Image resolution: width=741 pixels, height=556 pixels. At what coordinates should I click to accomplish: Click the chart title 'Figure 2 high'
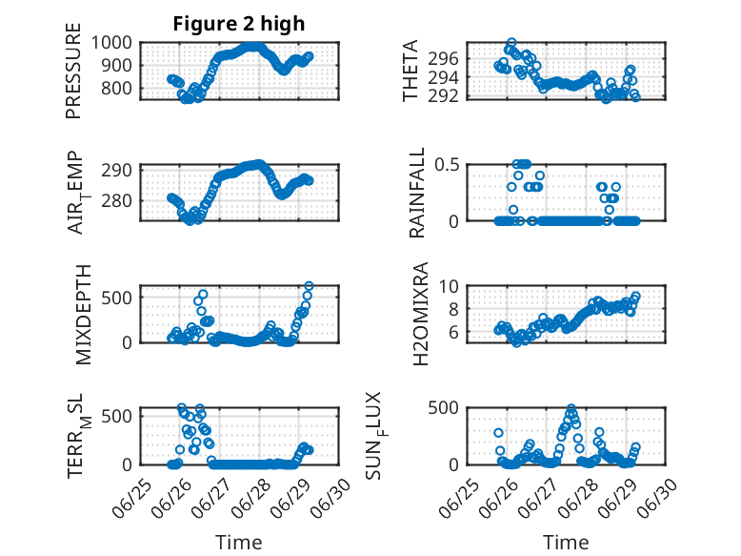[x=239, y=24]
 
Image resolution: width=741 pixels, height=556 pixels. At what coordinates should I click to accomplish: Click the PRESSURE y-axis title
[x=73, y=71]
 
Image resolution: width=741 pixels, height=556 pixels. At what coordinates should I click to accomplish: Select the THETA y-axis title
[x=411, y=71]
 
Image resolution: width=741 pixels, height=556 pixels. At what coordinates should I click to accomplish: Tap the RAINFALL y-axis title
[x=417, y=193]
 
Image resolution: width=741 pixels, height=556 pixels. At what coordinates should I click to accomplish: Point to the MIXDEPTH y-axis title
[x=83, y=315]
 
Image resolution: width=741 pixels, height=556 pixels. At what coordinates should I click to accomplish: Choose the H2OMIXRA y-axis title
[x=420, y=314]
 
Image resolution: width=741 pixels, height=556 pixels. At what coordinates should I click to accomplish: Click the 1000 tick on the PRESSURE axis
[x=111, y=43]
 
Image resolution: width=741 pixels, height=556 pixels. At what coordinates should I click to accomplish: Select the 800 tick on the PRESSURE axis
[x=117, y=88]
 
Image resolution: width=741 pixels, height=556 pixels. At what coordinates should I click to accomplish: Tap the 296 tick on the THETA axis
[x=443, y=59]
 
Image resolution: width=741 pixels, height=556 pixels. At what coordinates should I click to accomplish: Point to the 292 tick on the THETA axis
[x=443, y=96]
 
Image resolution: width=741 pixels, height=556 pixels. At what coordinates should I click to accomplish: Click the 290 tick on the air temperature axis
[x=117, y=170]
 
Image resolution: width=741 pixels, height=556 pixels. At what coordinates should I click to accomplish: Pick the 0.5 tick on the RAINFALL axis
[x=447, y=165]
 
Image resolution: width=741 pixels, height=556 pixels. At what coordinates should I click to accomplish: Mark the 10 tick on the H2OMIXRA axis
[x=449, y=286]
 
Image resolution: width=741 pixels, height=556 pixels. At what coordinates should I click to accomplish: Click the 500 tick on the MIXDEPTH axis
[x=117, y=298]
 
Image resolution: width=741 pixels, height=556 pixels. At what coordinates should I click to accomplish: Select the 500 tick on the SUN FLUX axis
[x=443, y=407]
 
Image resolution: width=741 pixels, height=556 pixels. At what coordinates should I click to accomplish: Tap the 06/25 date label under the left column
[x=131, y=498]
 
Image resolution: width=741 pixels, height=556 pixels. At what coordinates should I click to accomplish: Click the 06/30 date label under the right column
[x=658, y=498]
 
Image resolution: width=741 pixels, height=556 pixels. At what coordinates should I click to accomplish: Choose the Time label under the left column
[x=239, y=543]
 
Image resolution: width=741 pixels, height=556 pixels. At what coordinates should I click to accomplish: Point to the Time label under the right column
[x=566, y=543]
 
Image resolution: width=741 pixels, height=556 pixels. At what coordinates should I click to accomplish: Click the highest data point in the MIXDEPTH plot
[x=309, y=286]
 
